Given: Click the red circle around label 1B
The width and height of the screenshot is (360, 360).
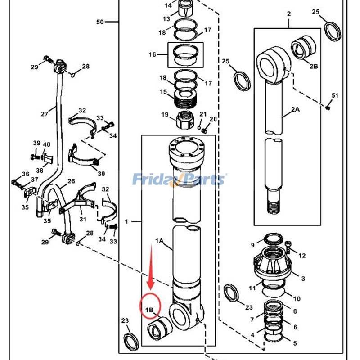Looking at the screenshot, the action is (x=140, y=306).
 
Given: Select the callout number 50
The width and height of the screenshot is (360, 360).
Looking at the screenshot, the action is (x=100, y=22).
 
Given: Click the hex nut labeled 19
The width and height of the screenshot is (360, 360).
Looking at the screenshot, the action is (x=185, y=120).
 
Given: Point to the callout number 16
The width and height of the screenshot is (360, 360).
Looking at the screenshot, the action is (x=152, y=54).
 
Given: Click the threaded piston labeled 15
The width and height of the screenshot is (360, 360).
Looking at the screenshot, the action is (x=185, y=99).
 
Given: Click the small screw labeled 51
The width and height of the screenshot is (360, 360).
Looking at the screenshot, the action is (x=328, y=107).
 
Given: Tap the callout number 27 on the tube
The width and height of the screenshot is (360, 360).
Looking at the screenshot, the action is (x=45, y=114).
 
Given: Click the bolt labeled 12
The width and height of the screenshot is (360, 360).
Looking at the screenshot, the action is (x=288, y=247).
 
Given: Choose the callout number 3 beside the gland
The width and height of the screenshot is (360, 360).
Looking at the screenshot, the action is (x=303, y=279).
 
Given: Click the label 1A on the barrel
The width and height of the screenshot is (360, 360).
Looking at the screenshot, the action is (x=159, y=241).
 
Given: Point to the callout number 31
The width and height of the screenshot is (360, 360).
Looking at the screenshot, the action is (x=83, y=219).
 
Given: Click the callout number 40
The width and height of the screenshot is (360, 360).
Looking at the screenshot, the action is (x=47, y=144).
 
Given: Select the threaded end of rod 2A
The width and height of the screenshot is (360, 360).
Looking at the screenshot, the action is (x=274, y=206).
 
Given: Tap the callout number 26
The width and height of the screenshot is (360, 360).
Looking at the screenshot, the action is (x=71, y=181).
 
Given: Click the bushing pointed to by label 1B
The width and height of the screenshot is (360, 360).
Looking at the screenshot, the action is (x=159, y=328).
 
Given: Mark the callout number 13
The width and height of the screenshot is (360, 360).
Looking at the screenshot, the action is (x=166, y=19).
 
